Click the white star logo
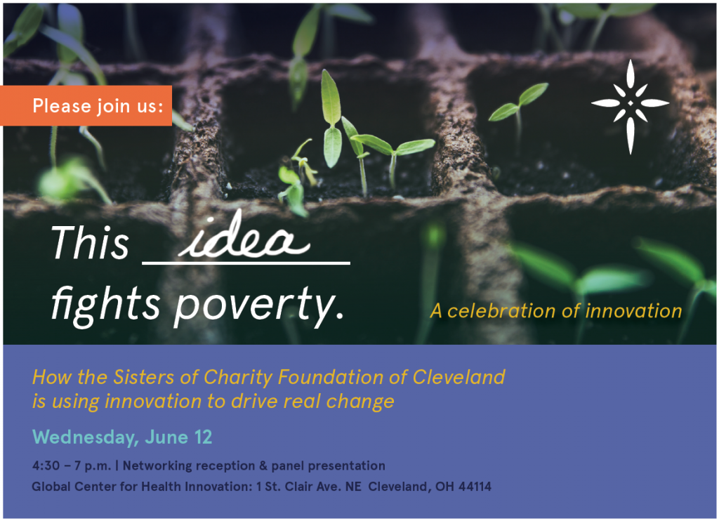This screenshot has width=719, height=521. [630, 106]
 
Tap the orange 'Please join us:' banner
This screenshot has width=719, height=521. [86, 105]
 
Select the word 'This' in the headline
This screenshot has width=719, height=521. [90, 242]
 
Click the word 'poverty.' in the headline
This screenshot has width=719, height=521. [258, 306]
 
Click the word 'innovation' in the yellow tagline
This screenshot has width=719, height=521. [634, 311]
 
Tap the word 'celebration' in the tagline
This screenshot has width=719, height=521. [501, 311]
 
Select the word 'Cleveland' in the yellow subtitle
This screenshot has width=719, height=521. [459, 377]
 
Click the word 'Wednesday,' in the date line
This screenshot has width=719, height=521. [86, 437]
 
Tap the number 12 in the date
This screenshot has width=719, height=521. [203, 437]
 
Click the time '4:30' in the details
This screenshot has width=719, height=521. [46, 466]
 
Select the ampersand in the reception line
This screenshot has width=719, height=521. [263, 466]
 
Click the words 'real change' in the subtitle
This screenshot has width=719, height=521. [339, 402]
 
